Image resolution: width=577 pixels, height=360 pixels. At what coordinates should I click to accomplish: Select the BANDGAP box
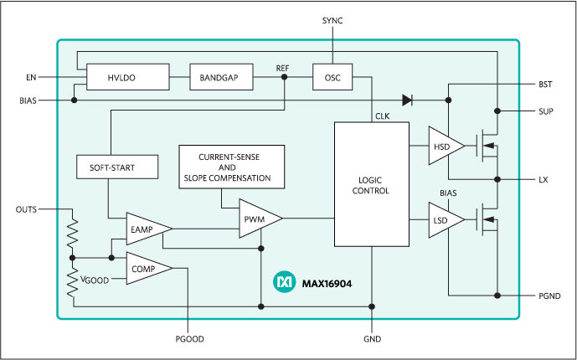click(219, 77)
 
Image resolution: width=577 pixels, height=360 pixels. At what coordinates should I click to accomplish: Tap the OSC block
click(332, 77)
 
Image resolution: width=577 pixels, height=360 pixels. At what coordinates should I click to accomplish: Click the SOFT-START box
click(117, 167)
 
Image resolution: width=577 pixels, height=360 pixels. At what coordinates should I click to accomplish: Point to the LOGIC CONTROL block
click(372, 184)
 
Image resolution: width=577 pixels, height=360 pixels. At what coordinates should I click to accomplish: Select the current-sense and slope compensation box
click(232, 167)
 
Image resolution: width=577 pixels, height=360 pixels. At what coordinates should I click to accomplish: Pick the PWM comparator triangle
click(256, 219)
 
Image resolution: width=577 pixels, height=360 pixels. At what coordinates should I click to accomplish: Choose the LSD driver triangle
click(443, 219)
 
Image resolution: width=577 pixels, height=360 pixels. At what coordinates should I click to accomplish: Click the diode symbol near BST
click(408, 100)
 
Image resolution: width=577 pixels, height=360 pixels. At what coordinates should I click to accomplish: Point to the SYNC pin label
click(332, 19)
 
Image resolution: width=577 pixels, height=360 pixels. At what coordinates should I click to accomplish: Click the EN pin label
click(31, 77)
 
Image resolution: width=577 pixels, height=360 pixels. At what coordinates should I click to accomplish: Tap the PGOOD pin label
click(188, 339)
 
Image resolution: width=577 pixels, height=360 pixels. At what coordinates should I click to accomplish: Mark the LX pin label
click(545, 179)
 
